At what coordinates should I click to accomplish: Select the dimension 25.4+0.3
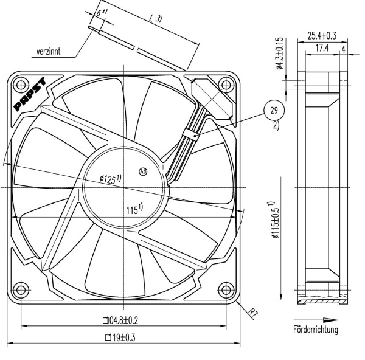coord(322,35)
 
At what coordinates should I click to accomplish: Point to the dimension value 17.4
coord(322,47)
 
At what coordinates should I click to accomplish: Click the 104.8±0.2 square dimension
coord(123,320)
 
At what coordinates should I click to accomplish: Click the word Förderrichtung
coord(316,330)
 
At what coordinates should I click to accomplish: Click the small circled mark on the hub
coord(144,171)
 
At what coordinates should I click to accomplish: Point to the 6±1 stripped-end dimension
coord(102,12)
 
